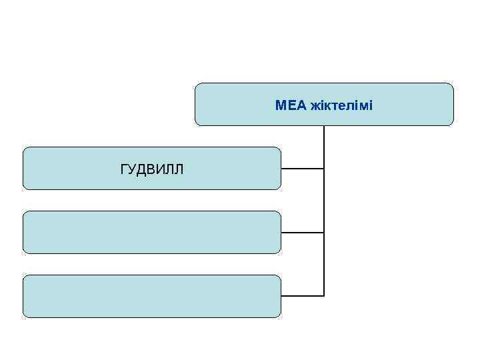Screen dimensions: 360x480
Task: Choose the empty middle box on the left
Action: coord(152,232)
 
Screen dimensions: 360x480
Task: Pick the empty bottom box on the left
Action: coord(152,296)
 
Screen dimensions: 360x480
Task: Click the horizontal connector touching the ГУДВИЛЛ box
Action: coord(302,169)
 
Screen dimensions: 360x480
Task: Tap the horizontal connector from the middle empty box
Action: coord(302,233)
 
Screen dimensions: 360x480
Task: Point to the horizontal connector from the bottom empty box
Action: coord(302,295)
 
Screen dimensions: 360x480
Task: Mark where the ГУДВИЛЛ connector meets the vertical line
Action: coord(324,169)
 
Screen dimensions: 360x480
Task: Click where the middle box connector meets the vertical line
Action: coord(324,233)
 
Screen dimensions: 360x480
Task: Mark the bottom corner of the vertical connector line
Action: coord(324,295)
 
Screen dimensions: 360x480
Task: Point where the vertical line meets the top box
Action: coord(324,126)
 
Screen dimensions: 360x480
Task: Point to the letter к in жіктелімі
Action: coord(325,105)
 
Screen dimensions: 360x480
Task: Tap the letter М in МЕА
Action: coord(281,105)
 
